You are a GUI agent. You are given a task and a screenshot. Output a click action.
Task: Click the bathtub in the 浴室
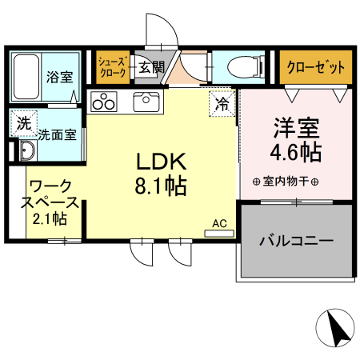[x=26, y=78]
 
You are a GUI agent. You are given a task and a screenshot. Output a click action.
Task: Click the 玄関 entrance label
[x=149, y=67]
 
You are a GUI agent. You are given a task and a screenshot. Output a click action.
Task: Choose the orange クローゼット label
[x=315, y=66]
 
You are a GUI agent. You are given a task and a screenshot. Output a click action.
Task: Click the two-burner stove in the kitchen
[x=103, y=102]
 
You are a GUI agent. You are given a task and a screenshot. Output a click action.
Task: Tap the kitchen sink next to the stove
[x=146, y=102]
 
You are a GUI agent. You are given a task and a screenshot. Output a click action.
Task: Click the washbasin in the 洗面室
[x=26, y=152]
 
